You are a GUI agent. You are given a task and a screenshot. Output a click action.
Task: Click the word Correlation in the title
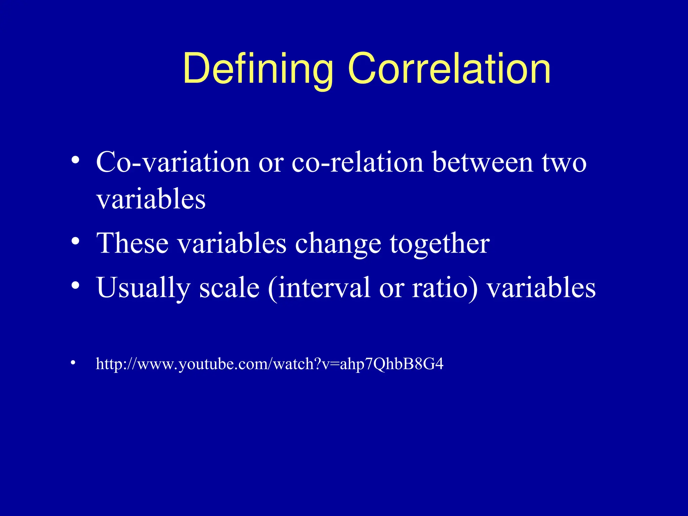(449, 69)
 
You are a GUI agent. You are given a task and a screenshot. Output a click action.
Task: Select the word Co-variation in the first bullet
(173, 162)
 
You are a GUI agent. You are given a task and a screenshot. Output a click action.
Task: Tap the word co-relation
(357, 162)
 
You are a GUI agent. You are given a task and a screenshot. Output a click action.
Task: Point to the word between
(483, 162)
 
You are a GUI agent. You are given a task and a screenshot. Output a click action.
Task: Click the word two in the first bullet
(564, 163)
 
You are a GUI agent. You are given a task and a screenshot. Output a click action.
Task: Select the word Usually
(143, 288)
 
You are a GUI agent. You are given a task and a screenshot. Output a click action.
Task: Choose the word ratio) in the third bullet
(444, 288)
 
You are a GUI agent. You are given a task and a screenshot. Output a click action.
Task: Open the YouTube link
(269, 364)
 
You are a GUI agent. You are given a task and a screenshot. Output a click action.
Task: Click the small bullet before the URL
(73, 362)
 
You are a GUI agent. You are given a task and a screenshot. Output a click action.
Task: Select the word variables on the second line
(151, 199)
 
